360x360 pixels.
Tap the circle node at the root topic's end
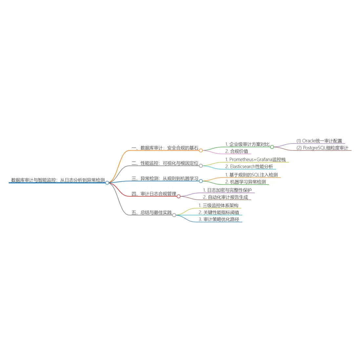[x=107, y=183]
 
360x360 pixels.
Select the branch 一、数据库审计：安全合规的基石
[x=165, y=148]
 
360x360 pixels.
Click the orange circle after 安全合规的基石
[x=201, y=150]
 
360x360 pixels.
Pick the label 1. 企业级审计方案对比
[x=247, y=144]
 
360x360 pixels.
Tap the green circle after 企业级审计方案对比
[x=272, y=147]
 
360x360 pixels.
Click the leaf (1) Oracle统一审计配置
[x=319, y=141]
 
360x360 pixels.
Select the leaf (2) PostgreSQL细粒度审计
[x=322, y=148]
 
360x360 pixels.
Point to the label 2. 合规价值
[x=236, y=151]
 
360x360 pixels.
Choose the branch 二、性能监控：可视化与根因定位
[x=165, y=163]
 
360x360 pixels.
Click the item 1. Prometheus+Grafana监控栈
[x=255, y=160]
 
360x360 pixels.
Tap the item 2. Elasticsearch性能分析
[x=249, y=167]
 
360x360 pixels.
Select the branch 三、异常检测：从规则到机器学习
[x=165, y=178]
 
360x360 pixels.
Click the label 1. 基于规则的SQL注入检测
[x=251, y=175]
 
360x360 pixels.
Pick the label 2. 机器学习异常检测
[x=246, y=182]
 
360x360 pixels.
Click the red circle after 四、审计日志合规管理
[x=179, y=196]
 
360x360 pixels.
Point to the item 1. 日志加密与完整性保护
[x=227, y=190]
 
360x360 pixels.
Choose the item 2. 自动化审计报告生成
[x=226, y=197]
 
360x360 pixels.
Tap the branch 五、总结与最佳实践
[x=151, y=212]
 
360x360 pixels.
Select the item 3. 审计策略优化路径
[x=219, y=219]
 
